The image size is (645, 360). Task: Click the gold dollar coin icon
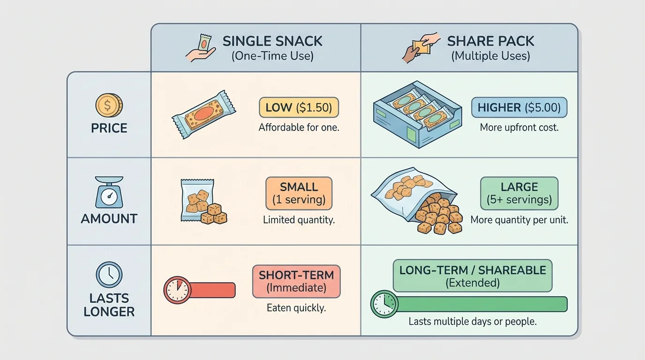(109, 105)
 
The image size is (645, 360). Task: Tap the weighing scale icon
(109, 192)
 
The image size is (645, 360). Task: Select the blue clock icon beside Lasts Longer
(109, 275)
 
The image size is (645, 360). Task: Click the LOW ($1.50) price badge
(299, 108)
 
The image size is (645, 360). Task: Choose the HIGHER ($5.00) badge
(519, 108)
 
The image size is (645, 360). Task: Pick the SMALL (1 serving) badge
(299, 193)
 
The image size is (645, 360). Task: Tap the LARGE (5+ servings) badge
(519, 193)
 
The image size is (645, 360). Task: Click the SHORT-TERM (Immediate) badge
(296, 281)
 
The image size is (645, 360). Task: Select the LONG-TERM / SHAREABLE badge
(472, 276)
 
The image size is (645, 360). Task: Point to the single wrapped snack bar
(204, 114)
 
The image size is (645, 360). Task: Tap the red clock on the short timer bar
(177, 290)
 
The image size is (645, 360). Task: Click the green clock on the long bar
(384, 304)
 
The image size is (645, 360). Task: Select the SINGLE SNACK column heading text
(272, 41)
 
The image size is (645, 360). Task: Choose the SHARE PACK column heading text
(490, 41)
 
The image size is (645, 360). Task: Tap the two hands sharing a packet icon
(420, 47)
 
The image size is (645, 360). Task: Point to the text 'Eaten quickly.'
(296, 308)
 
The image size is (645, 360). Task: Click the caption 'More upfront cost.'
(519, 127)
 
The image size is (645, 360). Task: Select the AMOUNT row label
(109, 218)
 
